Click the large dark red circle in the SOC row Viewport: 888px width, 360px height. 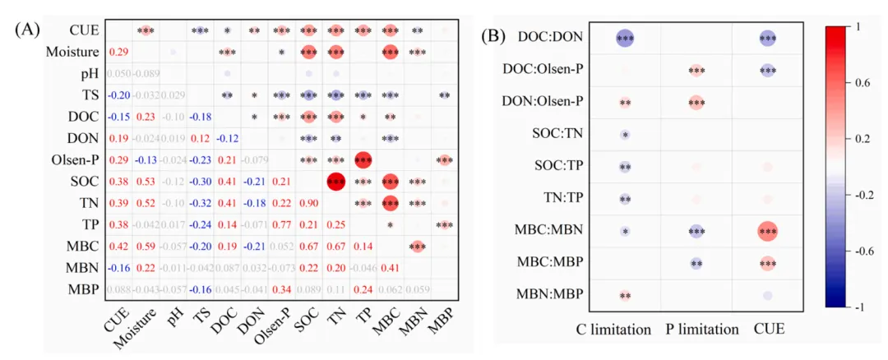[x=335, y=181]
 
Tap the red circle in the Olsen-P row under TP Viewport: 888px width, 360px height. [x=363, y=159]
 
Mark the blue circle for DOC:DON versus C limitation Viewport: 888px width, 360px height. [x=625, y=38]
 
